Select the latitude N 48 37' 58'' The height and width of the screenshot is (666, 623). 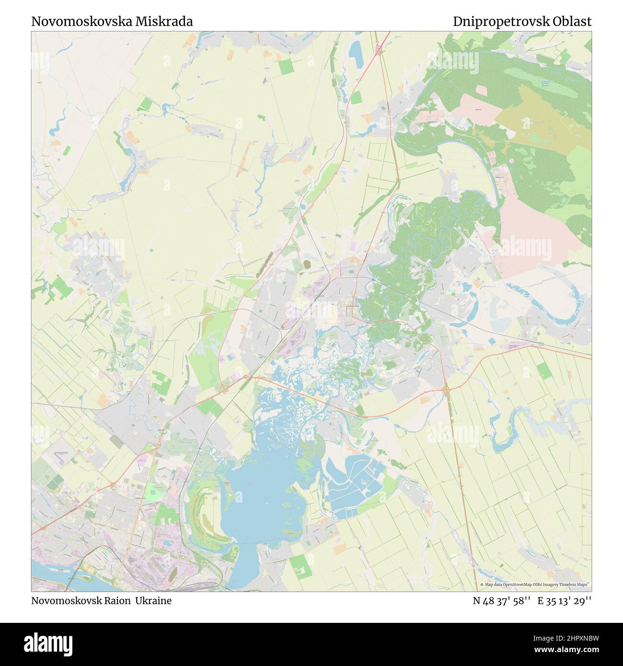[x=501, y=600]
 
